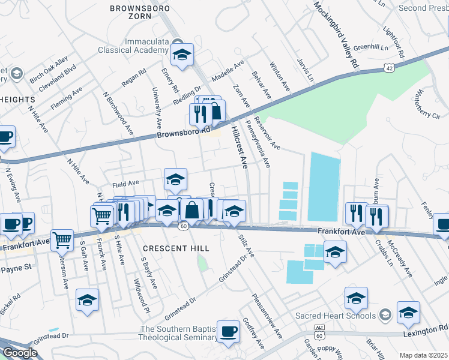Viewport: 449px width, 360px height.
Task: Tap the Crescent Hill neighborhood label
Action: coord(176,248)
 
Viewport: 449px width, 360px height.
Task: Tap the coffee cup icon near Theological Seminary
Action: coord(228,332)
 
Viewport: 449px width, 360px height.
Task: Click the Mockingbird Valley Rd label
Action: coord(337,34)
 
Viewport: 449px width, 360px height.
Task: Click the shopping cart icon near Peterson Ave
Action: coord(62,241)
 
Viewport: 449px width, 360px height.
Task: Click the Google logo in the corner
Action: coord(20,353)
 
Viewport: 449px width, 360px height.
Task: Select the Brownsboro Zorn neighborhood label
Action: coord(140,13)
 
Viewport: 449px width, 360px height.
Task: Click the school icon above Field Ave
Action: coord(175,179)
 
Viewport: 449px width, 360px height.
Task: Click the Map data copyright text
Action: coord(424,355)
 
